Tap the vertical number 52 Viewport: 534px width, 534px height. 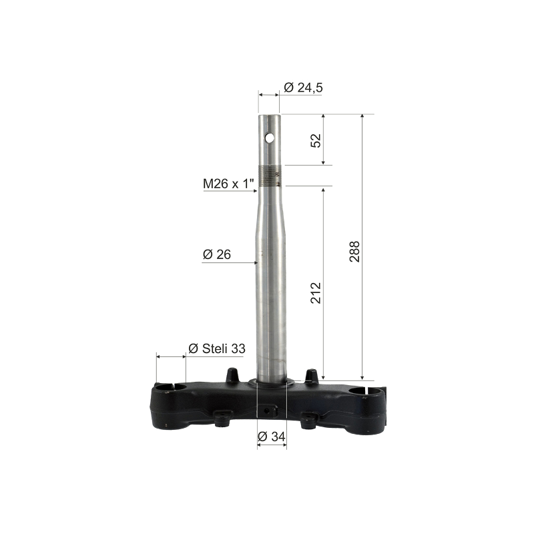click(316, 140)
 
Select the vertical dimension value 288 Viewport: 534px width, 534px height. click(355, 251)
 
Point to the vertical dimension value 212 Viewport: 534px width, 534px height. click(316, 293)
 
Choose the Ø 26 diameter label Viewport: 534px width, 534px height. click(216, 255)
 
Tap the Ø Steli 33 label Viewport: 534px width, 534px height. click(217, 348)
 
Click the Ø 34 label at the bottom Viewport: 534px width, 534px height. click(272, 437)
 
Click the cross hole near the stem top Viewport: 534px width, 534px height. click(270, 138)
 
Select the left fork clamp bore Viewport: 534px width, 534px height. click(170, 386)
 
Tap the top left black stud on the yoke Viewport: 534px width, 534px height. click(232, 374)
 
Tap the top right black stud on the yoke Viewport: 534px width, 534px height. click(310, 375)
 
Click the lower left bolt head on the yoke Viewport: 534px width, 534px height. click(222, 419)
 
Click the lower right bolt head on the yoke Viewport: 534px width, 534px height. click(308, 420)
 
